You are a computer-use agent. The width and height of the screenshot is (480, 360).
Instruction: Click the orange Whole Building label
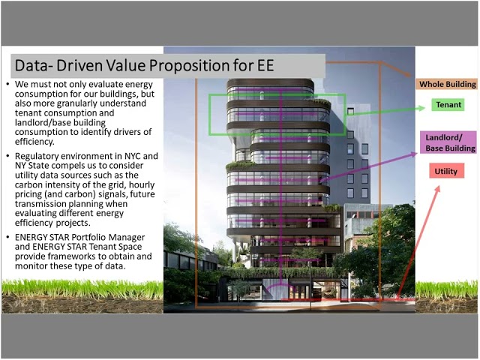click(447, 84)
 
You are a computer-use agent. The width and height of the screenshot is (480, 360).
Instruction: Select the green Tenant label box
click(448, 105)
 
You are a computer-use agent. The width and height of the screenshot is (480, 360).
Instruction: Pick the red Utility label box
click(446, 171)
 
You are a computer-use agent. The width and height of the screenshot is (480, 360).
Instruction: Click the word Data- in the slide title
click(31, 65)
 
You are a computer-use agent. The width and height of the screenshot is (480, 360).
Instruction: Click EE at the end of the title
click(265, 65)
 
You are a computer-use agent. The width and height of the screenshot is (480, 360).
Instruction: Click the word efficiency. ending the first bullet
click(34, 142)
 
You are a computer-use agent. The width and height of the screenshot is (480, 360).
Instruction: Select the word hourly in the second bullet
click(142, 185)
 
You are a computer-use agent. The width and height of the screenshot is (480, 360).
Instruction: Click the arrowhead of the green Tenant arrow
click(422, 107)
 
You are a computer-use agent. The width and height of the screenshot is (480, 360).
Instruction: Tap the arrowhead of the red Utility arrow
click(437, 189)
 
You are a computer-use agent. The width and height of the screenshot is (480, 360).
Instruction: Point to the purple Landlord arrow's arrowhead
click(414, 154)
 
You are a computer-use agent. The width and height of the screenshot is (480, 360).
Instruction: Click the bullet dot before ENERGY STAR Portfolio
click(8, 237)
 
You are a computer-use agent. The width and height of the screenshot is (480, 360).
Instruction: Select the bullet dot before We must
click(8, 84)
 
